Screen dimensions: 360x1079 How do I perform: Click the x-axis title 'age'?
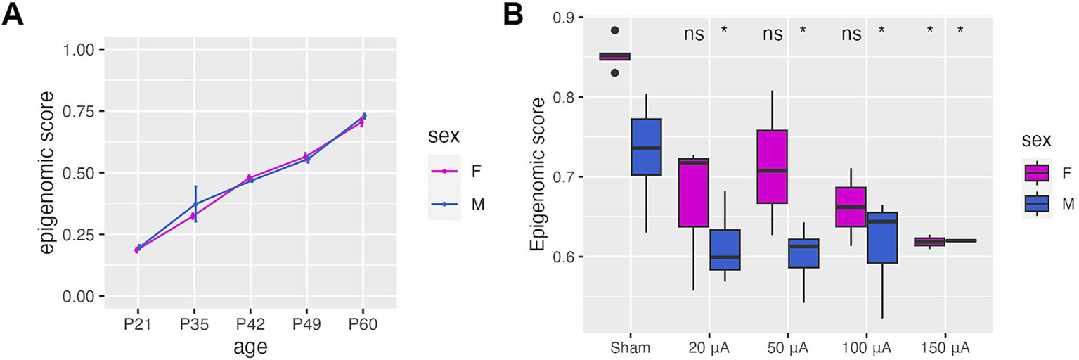pos(251,346)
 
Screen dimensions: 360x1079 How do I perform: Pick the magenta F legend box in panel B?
pos(1037,172)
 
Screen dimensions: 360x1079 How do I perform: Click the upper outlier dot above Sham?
pos(614,30)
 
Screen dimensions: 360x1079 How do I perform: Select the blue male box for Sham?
pos(646,146)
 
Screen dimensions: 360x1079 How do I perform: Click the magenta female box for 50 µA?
pos(771,167)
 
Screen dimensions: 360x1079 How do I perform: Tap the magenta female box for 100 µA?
pos(850,207)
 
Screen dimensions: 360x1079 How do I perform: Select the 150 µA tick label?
pos(943,347)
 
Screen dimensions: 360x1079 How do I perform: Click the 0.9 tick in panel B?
pos(566,17)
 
